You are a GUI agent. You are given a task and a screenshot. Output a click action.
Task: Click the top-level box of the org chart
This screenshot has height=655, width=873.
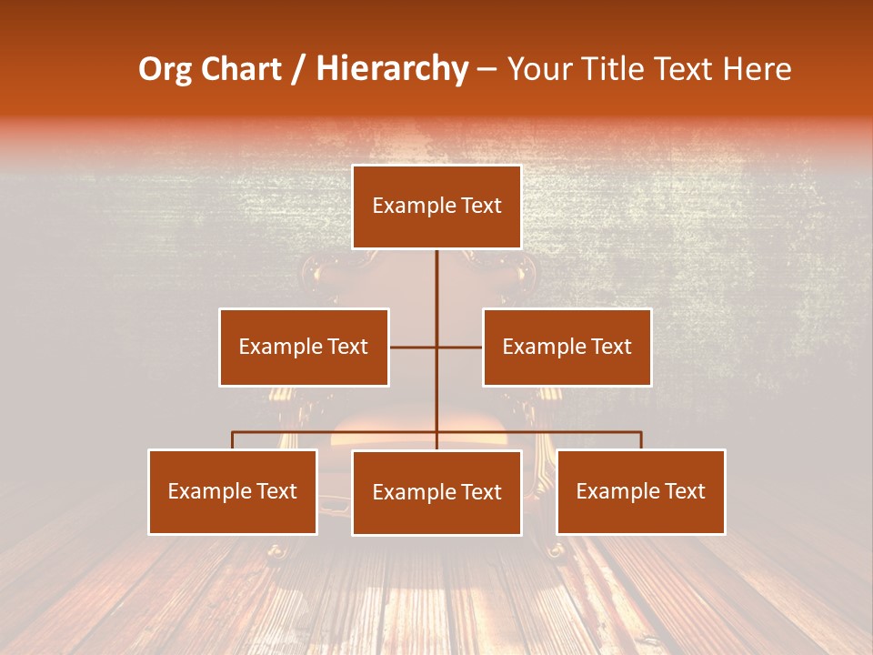[436, 207]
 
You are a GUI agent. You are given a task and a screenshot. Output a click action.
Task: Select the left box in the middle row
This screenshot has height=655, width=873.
[304, 347]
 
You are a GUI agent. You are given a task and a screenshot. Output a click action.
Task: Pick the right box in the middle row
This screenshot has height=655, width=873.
[567, 347]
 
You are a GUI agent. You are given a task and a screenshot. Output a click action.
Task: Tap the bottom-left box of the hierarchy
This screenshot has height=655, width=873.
[233, 491]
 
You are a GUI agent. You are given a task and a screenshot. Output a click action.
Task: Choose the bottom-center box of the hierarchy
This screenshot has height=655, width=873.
[436, 492]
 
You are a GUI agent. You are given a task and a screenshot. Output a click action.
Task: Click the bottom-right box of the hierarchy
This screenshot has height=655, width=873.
[640, 491]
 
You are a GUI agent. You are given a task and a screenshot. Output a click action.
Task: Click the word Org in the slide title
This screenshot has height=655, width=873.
[165, 69]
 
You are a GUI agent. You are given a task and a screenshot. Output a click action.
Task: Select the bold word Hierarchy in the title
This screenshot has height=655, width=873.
[392, 69]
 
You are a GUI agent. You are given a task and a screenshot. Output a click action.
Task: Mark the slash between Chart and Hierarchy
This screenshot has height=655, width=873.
[298, 69]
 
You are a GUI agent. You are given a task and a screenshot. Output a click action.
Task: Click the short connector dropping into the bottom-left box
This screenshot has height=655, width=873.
[233, 440]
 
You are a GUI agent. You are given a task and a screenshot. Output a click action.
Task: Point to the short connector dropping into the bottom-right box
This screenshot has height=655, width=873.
[641, 440]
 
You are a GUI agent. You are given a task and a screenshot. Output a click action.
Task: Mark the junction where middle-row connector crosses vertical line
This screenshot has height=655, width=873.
[436, 347]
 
